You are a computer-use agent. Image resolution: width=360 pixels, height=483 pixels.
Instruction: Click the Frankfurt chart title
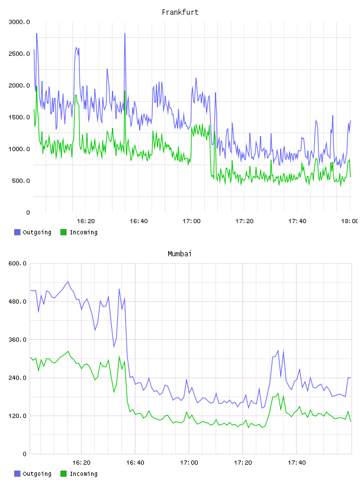pos(180,12)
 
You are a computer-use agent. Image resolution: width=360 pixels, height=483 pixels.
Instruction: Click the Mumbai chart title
pos(179,253)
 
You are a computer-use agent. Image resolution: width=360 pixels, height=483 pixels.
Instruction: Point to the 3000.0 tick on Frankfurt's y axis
pos(19,22)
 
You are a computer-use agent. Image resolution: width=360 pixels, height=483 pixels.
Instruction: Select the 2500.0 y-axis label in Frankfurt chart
pos(19,54)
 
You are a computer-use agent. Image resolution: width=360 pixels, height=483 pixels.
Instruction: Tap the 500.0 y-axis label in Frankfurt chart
pos(21,181)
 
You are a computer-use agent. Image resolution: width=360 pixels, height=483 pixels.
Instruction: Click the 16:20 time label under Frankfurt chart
pos(86,221)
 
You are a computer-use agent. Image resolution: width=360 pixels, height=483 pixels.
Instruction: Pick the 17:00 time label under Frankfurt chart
pos(191,221)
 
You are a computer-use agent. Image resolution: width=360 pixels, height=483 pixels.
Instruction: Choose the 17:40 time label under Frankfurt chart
pos(297,221)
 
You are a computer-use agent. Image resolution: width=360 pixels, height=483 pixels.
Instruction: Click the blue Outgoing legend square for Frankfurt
pos(17,232)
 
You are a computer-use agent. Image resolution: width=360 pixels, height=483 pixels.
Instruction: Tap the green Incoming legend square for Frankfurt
pos(63,232)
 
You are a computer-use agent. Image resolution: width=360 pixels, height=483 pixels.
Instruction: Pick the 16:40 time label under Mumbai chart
pos(135,462)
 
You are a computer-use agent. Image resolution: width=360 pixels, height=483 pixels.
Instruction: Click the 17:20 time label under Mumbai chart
pos(243,462)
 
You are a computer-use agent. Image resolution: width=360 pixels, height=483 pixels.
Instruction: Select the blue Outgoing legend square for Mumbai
pos(17,474)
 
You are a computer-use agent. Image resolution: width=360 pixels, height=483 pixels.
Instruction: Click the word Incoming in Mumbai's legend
pos(83,474)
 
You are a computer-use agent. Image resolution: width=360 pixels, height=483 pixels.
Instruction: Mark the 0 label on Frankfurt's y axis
pos(28,212)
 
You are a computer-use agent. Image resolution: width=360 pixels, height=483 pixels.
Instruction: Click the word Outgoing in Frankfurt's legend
pos(37,232)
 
